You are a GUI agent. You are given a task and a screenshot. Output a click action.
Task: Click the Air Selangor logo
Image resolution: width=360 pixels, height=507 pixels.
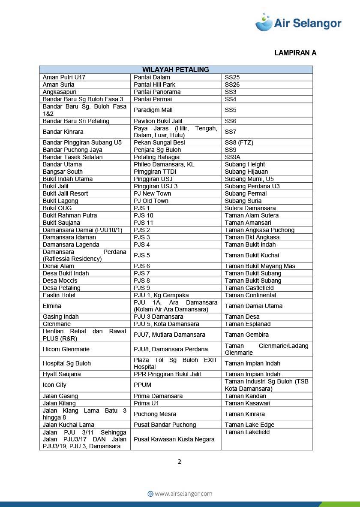(x=298, y=22)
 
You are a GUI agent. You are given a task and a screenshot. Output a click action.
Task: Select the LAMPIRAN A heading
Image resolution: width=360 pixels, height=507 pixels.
(x=295, y=53)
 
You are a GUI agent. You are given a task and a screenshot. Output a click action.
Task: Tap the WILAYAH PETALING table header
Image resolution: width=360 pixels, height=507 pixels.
(x=176, y=69)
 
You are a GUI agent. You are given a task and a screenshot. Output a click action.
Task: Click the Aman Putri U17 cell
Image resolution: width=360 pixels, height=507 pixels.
(x=64, y=77)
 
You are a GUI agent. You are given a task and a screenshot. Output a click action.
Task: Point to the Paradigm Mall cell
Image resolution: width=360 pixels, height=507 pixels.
(x=153, y=110)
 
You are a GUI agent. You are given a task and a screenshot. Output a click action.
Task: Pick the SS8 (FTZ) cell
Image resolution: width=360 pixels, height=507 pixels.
(x=239, y=142)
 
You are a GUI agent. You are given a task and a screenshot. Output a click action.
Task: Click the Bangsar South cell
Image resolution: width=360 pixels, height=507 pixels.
(x=63, y=172)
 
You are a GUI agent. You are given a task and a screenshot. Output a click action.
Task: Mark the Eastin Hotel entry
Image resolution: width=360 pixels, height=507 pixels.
(x=59, y=295)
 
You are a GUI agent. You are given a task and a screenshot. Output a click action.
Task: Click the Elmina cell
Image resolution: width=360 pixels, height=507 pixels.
(x=52, y=306)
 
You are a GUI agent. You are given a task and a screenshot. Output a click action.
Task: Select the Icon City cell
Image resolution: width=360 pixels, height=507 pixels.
(x=54, y=385)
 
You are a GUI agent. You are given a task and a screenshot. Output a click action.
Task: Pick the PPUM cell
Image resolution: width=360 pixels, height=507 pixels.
(x=142, y=385)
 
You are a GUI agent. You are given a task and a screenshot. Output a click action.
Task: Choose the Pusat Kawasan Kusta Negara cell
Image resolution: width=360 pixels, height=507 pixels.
(x=168, y=439)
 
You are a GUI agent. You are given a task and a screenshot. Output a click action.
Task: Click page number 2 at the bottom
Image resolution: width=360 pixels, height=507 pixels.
(x=180, y=462)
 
